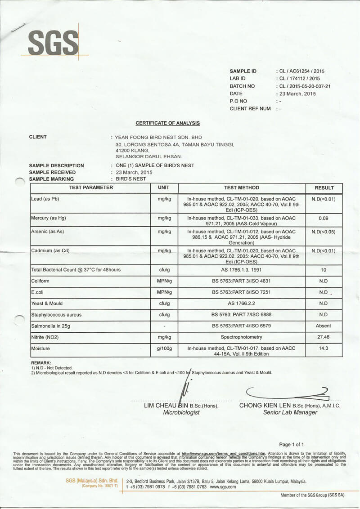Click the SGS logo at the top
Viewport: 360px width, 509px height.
(53, 43)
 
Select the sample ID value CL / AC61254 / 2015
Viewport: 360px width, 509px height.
(301, 71)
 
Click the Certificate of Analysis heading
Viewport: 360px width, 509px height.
(168, 123)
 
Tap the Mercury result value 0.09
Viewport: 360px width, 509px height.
(324, 218)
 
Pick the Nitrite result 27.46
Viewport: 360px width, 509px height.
(324, 337)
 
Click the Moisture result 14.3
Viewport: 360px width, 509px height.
(324, 348)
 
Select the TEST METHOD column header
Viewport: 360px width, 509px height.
(242, 188)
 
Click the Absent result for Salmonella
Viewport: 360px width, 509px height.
(324, 326)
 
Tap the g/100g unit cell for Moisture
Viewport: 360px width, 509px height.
(164, 348)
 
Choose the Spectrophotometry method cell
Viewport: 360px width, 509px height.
(242, 337)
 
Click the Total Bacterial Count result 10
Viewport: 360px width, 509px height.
(324, 270)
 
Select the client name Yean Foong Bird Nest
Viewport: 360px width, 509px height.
(159, 137)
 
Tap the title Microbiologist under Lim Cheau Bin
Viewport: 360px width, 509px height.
(181, 412)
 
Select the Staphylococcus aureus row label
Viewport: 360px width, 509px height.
(56, 315)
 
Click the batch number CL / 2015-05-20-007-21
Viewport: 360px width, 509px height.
(305, 86)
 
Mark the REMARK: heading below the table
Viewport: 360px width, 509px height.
(41, 362)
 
